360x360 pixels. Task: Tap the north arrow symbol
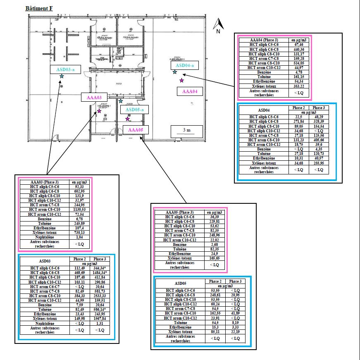click(x=219, y=26)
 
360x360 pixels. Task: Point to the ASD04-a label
click(x=184, y=65)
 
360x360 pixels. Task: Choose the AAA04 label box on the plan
click(x=190, y=91)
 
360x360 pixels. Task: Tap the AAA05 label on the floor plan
click(x=136, y=130)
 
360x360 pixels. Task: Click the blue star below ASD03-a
click(x=62, y=76)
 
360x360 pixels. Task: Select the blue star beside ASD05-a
click(x=121, y=101)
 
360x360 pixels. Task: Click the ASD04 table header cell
click(x=264, y=110)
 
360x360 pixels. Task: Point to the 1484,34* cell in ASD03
click(x=100, y=274)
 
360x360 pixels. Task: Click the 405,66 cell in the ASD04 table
click(x=319, y=140)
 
